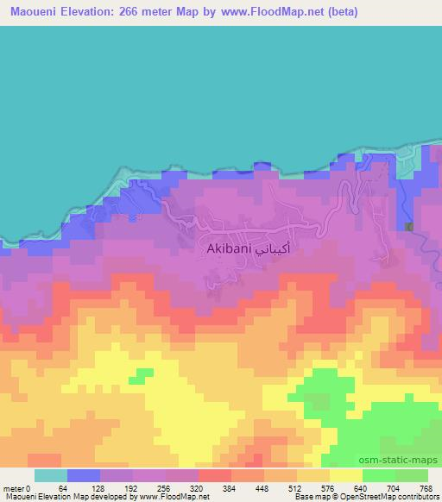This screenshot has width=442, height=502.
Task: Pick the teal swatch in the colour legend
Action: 51,475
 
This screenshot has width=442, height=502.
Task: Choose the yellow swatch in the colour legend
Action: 345,475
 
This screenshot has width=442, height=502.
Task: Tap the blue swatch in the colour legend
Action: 84,475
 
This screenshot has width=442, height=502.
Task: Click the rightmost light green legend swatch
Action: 411,475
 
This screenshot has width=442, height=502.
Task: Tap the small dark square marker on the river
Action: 409,226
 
